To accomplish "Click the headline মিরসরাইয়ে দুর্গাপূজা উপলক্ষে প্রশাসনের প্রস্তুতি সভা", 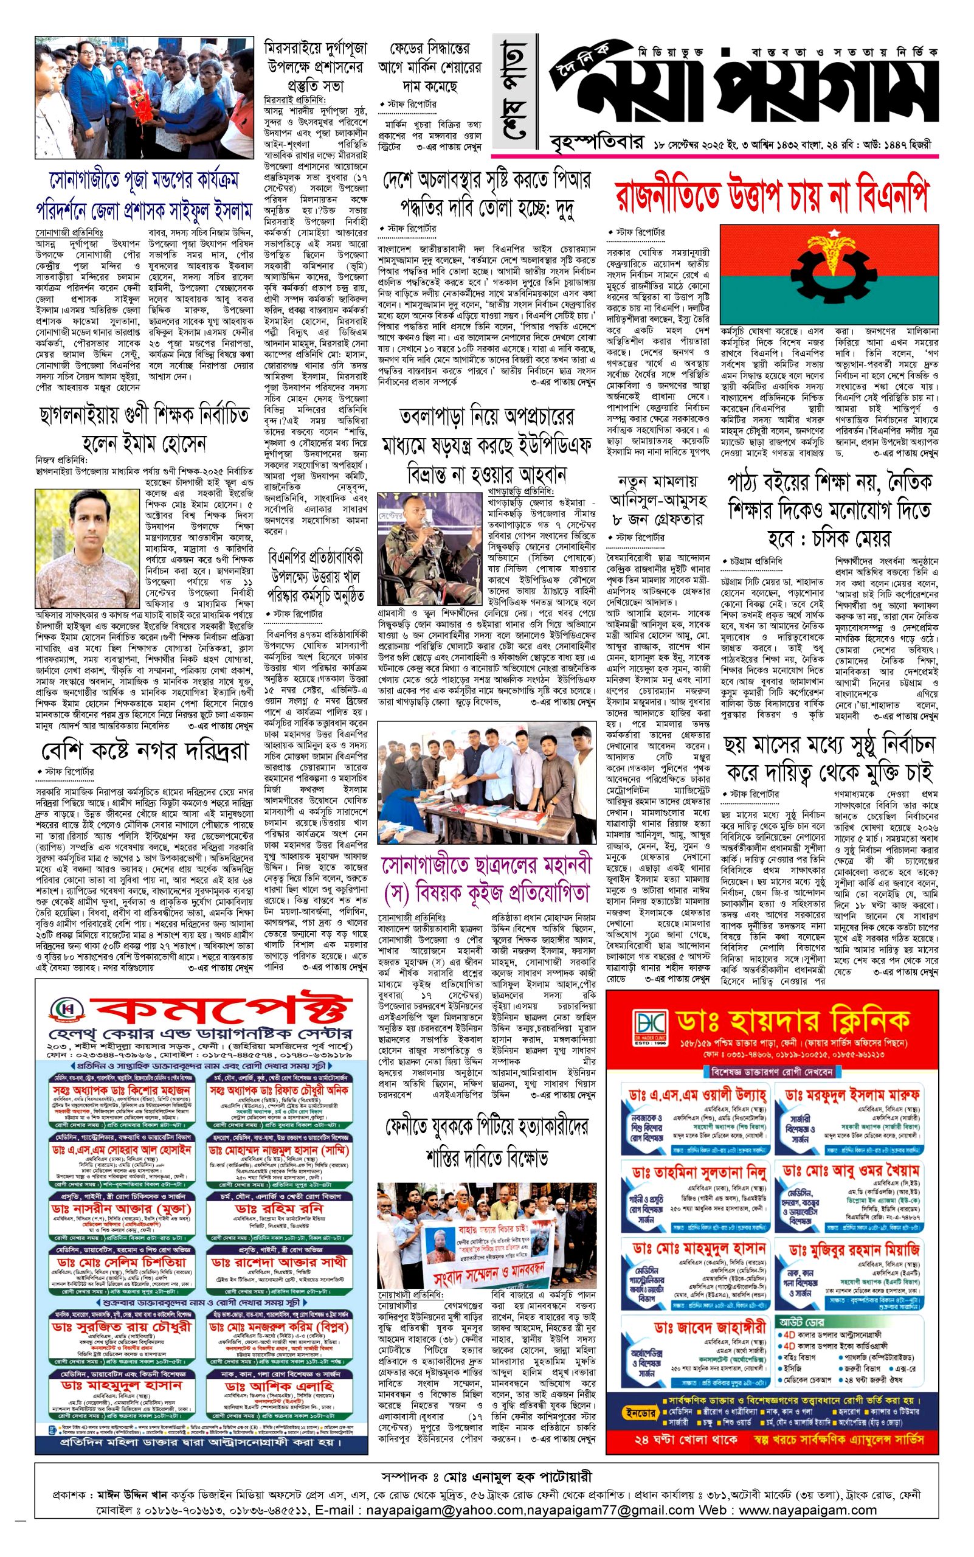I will coord(316,66).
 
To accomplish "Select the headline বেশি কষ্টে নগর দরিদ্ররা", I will coord(145,751).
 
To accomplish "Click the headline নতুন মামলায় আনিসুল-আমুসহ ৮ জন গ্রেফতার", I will coord(657,500).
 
